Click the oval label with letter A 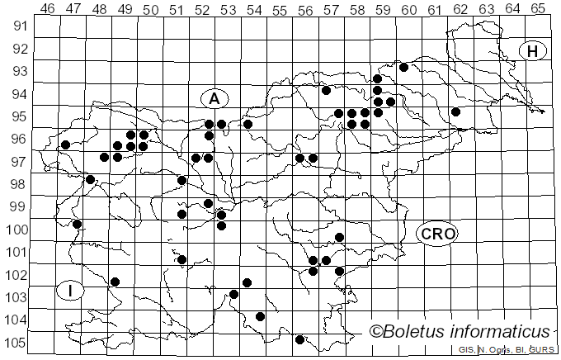click(214, 98)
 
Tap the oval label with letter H click(533, 51)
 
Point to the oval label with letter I click(71, 290)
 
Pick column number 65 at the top click(538, 8)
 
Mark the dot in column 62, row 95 click(455, 111)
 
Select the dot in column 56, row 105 click(299, 339)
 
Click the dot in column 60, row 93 click(404, 67)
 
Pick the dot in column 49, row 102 click(115, 282)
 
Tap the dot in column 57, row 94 click(326, 90)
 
